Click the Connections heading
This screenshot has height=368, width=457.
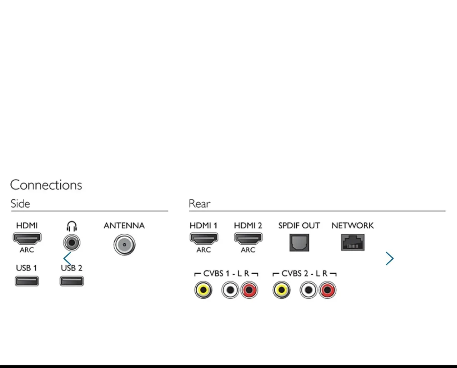46,185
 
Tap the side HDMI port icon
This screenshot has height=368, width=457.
27,238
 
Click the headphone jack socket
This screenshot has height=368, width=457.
72,243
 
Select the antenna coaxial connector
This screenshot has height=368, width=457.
124,245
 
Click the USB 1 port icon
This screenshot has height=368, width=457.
27,281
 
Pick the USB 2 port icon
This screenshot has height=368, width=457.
72,281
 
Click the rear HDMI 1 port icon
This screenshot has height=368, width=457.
204,238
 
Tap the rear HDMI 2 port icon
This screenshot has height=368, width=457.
248,238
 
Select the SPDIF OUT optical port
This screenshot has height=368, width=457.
299,243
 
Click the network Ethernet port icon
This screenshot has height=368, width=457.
353,243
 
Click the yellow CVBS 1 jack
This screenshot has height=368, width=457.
203,290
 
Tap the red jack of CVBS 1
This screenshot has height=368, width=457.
249,290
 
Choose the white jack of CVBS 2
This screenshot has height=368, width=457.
308,290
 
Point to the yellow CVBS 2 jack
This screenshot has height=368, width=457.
281,290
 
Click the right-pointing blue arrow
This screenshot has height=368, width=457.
390,258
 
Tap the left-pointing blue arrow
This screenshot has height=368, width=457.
67,258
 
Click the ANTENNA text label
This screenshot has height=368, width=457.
124,226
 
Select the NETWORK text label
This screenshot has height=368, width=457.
352,226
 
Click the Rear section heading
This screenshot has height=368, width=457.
200,204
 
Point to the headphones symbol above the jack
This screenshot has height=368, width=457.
72,226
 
